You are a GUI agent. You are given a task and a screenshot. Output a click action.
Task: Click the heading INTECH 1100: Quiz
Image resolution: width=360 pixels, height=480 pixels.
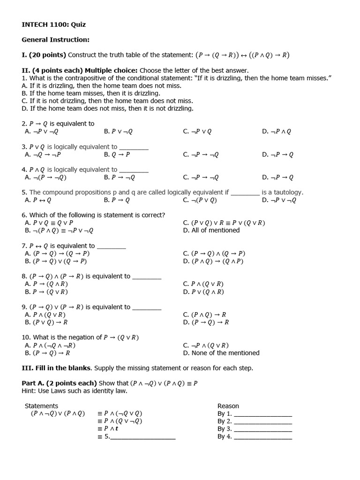(54, 24)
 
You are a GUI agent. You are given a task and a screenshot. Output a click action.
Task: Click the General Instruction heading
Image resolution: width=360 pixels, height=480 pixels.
(55, 40)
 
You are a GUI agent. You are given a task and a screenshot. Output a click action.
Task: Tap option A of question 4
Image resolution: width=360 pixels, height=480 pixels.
(45, 177)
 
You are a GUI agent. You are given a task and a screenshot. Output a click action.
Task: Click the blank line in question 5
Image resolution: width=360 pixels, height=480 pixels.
(245, 193)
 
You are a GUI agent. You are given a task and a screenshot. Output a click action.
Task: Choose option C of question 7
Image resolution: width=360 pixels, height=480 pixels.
(214, 253)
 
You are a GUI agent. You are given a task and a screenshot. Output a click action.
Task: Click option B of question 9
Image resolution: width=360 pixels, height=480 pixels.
(46, 322)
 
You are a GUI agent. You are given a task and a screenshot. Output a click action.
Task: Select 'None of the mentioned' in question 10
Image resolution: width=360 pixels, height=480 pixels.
(221, 353)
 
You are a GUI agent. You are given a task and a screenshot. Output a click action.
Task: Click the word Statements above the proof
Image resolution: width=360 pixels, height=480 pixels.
(42, 406)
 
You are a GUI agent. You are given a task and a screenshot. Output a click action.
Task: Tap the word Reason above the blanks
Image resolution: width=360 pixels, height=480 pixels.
(228, 406)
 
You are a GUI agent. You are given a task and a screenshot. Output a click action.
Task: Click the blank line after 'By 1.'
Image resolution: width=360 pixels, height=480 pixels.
(262, 414)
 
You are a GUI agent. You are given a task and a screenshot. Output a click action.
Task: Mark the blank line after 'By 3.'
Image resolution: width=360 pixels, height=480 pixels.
(262, 429)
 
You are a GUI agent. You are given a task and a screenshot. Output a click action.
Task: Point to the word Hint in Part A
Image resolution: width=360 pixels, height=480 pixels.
(30, 390)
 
